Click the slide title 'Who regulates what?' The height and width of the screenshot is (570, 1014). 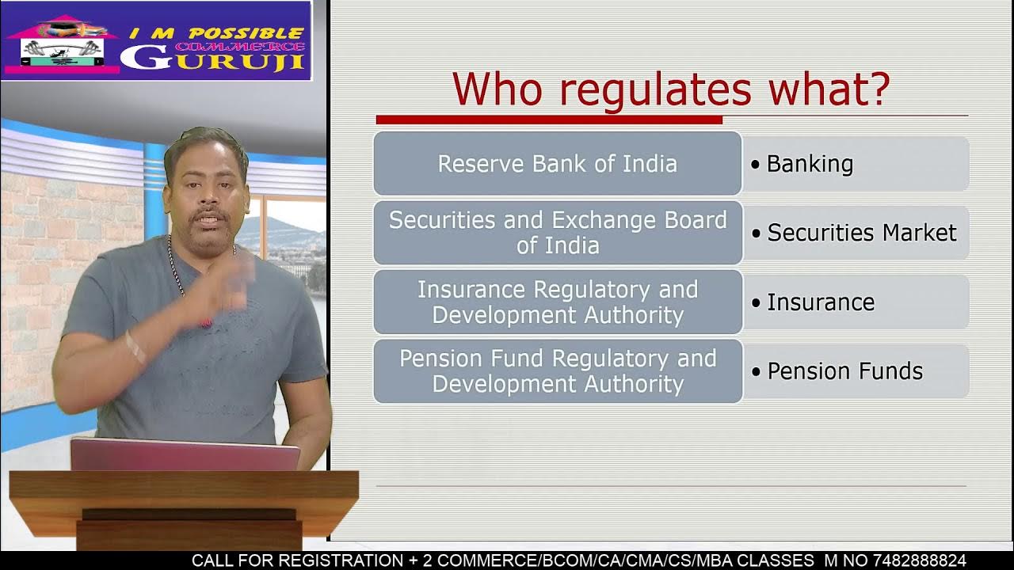(x=671, y=89)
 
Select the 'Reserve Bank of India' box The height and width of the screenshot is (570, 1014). (x=557, y=164)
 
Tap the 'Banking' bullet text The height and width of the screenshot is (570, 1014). (x=809, y=164)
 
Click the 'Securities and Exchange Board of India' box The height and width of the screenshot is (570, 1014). (x=557, y=232)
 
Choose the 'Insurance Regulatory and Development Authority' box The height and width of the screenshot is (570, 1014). (x=557, y=302)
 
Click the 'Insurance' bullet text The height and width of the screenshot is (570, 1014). (x=820, y=302)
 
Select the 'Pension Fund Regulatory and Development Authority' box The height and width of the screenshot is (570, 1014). (x=557, y=370)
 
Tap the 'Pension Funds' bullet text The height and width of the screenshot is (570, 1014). (x=844, y=371)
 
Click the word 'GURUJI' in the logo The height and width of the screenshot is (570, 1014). (x=213, y=59)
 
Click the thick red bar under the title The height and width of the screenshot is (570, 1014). (x=548, y=120)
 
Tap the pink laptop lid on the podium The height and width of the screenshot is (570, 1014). (x=185, y=455)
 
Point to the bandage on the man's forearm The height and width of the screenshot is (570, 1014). (x=135, y=347)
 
